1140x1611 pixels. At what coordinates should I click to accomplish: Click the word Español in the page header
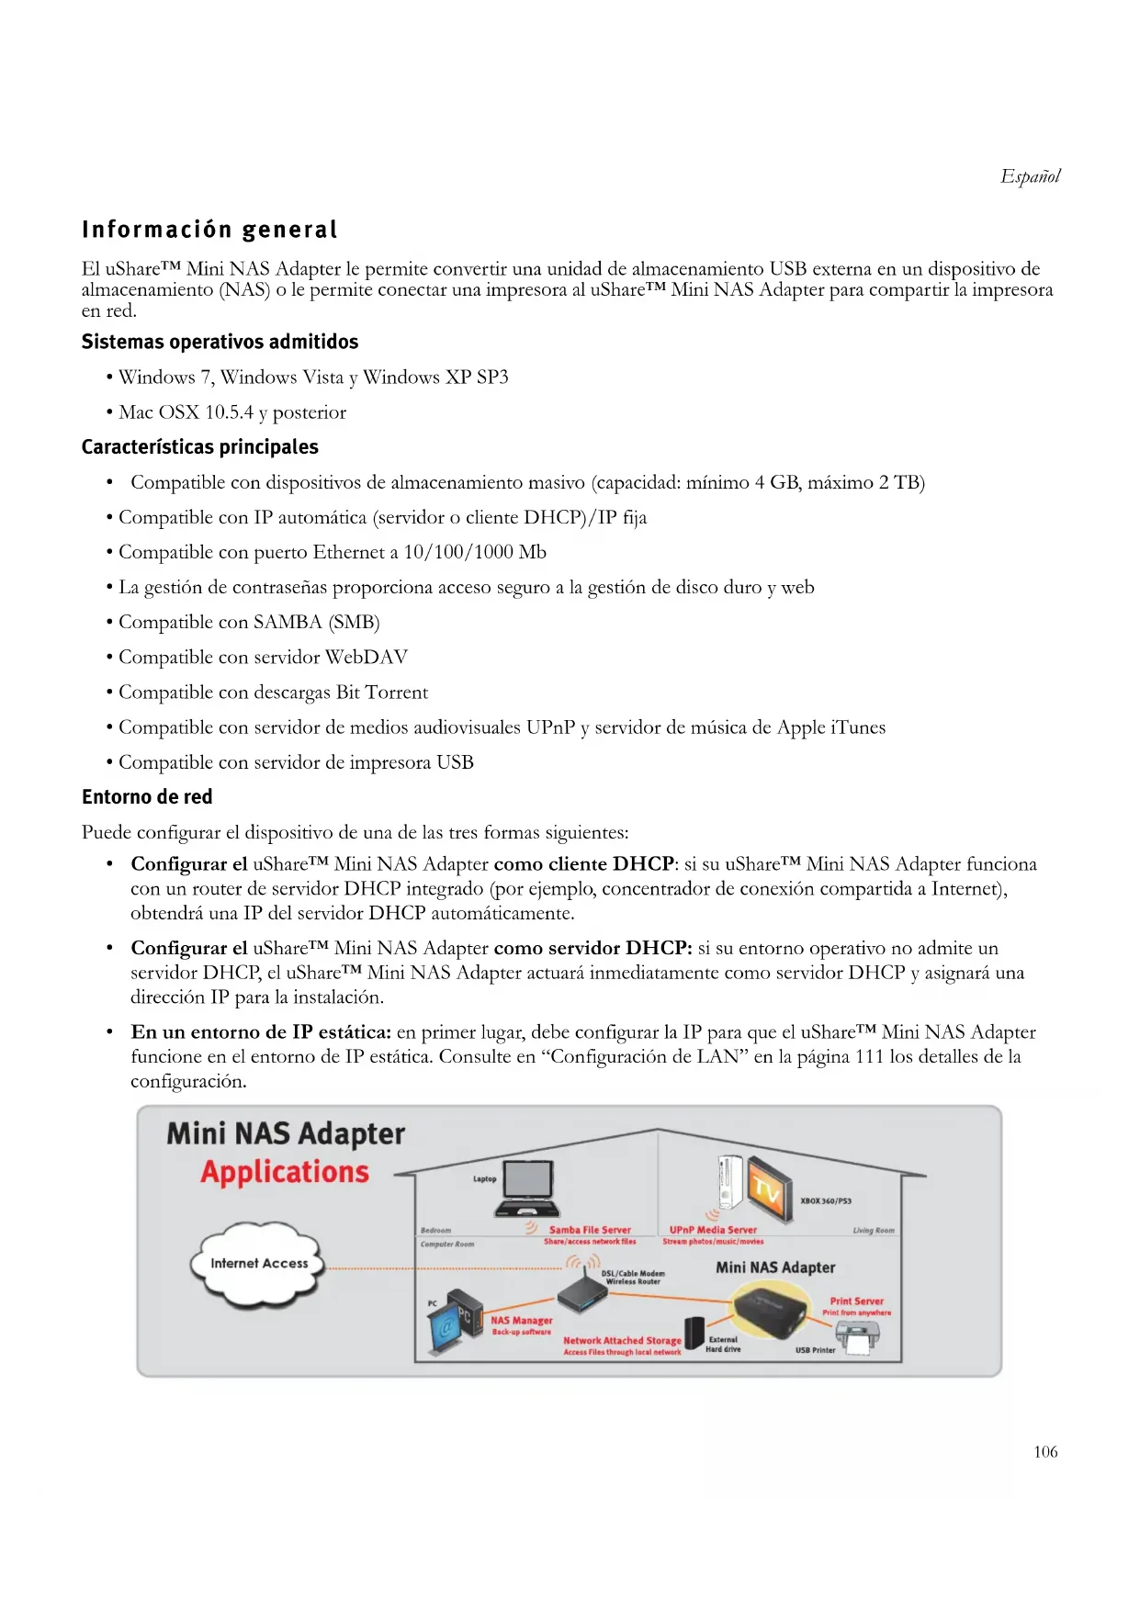tap(1030, 176)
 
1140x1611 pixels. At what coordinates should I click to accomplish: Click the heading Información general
tap(209, 230)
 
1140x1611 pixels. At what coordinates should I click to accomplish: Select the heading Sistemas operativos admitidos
tap(220, 342)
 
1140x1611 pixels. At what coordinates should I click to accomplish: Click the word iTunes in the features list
tap(858, 727)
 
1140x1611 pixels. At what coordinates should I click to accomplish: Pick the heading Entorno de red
tap(147, 797)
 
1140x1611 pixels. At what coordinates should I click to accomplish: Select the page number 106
tap(1045, 1452)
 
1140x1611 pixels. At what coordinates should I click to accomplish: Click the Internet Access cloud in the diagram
tap(259, 1264)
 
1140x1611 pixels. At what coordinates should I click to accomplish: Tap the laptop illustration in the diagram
tap(527, 1188)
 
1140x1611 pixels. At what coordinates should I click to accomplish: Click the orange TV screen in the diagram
tap(767, 1191)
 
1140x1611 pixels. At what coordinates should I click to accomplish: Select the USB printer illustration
tap(857, 1340)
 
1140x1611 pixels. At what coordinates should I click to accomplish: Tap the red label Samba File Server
tap(590, 1230)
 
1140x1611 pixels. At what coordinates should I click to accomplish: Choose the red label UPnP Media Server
tap(713, 1230)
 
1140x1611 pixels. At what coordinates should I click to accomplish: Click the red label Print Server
tap(856, 1301)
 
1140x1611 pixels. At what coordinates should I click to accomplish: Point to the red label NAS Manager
tap(521, 1321)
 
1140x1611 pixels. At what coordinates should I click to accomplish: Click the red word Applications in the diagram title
tap(285, 1173)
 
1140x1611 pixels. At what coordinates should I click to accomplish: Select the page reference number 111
tap(869, 1057)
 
